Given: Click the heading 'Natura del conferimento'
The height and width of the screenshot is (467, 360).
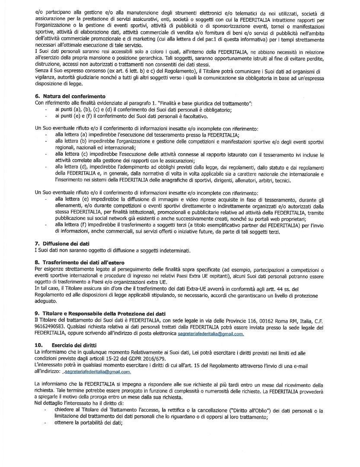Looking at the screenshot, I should pyautogui.click(x=74, y=96).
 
